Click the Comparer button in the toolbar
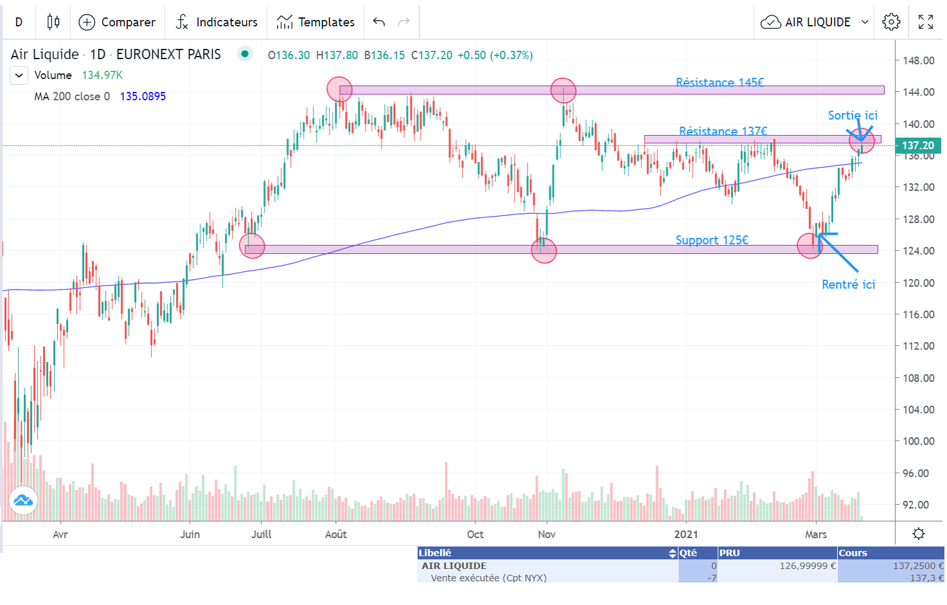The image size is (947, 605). tap(117, 23)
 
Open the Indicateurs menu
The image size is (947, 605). tap(217, 23)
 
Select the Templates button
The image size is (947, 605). tap(315, 23)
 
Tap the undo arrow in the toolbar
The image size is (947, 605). tap(379, 23)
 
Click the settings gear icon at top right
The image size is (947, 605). tap(891, 23)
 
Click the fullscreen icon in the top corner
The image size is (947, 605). tap(926, 23)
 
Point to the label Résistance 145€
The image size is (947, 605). tap(720, 82)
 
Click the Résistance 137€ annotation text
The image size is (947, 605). tap(723, 131)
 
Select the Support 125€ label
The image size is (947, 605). tap(712, 240)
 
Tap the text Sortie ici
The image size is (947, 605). tap(853, 116)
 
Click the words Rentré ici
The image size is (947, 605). tap(848, 284)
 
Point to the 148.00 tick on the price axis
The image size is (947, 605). tap(918, 60)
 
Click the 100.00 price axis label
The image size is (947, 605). tap(918, 441)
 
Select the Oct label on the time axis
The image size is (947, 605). tap(475, 534)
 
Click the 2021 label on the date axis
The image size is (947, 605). tap(686, 534)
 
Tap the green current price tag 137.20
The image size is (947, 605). tap(918, 146)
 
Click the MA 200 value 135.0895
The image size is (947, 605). tap(143, 96)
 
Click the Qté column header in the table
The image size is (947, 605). tap(688, 553)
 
